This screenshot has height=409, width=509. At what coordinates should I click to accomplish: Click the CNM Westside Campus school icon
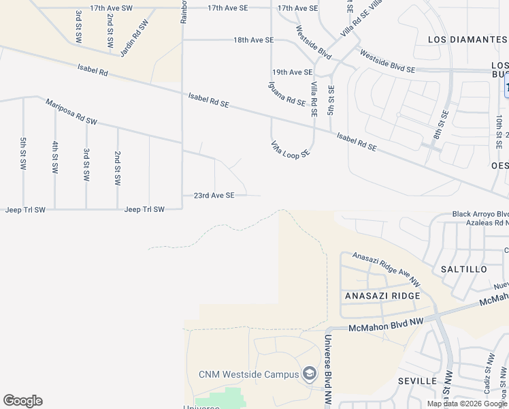click(x=310, y=374)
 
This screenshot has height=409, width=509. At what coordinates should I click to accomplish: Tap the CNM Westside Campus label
click(x=248, y=374)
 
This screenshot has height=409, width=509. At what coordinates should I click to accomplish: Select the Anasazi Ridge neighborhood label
click(x=382, y=296)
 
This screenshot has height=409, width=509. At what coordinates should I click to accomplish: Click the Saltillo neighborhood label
click(x=464, y=269)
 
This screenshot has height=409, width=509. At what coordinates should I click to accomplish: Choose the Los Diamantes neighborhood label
click(x=467, y=40)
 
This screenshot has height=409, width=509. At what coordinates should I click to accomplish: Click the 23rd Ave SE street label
click(x=214, y=195)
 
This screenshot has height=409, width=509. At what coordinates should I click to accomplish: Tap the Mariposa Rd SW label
click(x=71, y=112)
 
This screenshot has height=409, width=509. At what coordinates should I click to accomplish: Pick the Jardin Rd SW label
click(x=134, y=37)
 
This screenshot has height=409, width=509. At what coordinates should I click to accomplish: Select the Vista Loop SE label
click(x=291, y=149)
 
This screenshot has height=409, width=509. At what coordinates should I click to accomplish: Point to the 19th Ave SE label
click(x=292, y=72)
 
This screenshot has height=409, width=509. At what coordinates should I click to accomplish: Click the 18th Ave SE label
click(x=253, y=40)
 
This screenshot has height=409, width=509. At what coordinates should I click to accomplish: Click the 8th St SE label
click(x=444, y=123)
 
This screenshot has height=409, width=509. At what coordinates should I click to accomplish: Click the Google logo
click(x=22, y=401)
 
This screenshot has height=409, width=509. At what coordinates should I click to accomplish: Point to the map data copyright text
click(x=467, y=404)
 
